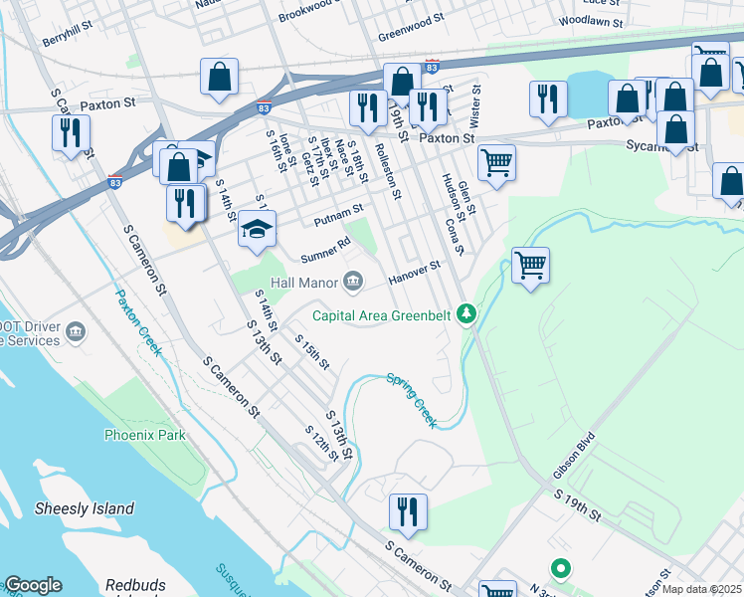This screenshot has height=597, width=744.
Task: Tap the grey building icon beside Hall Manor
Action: click(353, 283)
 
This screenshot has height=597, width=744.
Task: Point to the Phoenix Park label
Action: click(145, 435)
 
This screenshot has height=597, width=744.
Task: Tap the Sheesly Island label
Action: click(85, 508)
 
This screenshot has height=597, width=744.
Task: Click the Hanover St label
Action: click(414, 271)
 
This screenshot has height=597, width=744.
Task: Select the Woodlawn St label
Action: click(591, 20)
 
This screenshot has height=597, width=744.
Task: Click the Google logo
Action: click(33, 585)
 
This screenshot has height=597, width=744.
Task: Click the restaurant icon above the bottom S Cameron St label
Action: click(408, 512)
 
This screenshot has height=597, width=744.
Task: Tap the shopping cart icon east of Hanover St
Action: click(530, 266)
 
